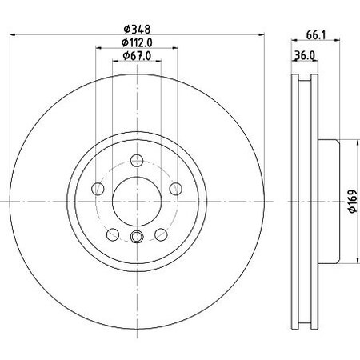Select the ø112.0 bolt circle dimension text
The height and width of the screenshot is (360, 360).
coord(137,42)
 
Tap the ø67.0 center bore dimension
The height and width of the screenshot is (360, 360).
coord(137,55)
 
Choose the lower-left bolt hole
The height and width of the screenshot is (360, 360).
coord(113,233)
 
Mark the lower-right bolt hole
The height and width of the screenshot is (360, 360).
coord(161,233)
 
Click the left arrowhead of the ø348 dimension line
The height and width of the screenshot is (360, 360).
coord(14,34)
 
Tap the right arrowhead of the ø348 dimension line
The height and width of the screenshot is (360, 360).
coord(260,34)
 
